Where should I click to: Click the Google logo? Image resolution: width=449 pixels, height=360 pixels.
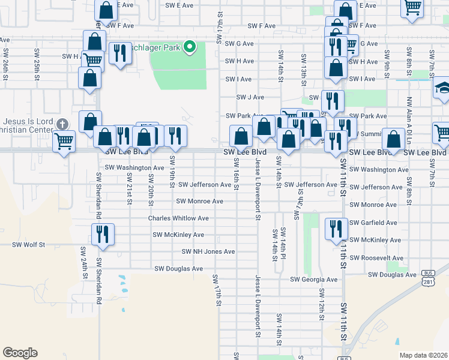click(x=20, y=353)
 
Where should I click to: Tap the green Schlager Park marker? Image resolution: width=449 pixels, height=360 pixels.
click(x=190, y=46)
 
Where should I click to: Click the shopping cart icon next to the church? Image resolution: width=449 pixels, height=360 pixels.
click(x=64, y=142)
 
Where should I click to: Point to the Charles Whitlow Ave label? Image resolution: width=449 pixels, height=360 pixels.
click(x=178, y=218)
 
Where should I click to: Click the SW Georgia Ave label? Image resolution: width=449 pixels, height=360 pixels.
click(x=314, y=279)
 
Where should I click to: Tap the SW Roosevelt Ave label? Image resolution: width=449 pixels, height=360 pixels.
click(x=376, y=257)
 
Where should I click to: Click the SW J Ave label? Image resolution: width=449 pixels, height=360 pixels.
click(x=250, y=97)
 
